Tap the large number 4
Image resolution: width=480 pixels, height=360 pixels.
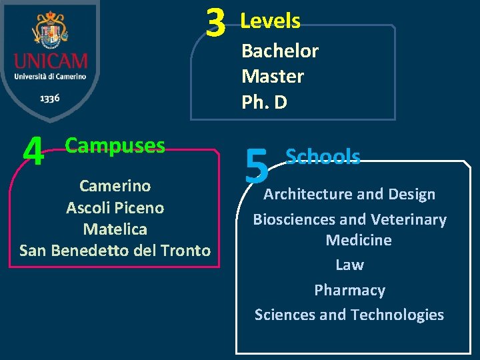tap(33, 153)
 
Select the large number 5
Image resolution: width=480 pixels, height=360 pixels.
tap(256, 167)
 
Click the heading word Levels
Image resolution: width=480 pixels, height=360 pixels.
tap(270, 21)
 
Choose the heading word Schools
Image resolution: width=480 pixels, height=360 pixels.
tap(323, 157)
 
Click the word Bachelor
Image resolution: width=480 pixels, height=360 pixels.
tap(280, 51)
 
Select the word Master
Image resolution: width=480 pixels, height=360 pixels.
tap(273, 76)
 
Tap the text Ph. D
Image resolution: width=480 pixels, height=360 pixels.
tap(264, 102)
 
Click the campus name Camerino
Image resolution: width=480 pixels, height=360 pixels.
tap(115, 185)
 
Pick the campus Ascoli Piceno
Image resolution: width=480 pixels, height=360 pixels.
tap(115, 207)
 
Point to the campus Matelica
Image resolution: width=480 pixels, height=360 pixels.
tap(115, 229)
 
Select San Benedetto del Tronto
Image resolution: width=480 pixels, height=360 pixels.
tap(115, 250)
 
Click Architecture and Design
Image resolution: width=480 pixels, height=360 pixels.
tap(349, 194)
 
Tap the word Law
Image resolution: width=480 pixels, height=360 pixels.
tap(349, 265)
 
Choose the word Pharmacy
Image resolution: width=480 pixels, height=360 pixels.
tap(349, 290)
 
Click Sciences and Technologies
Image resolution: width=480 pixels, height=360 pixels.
tap(349, 315)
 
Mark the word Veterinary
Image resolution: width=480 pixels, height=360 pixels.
tap(409, 219)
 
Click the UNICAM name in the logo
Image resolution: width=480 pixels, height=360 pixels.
tap(50, 62)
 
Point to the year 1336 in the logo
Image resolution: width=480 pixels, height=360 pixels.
tap(50, 98)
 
